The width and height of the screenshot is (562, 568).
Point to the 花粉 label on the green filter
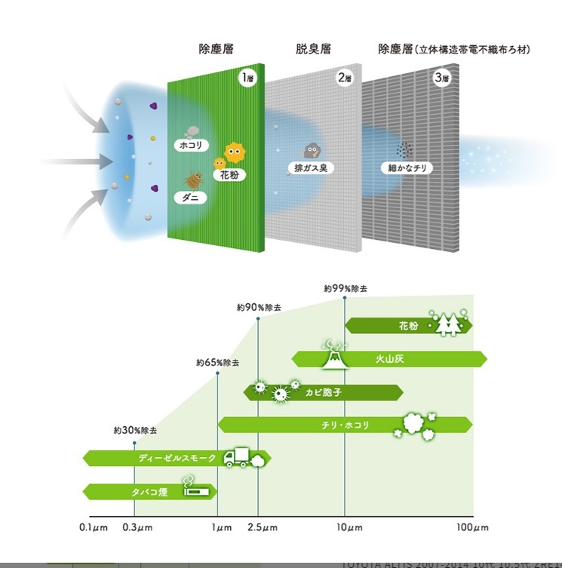(x=229, y=175)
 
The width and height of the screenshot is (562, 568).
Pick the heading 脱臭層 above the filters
(x=312, y=50)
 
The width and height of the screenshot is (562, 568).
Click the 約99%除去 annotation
(x=345, y=288)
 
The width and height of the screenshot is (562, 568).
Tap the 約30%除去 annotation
(x=135, y=430)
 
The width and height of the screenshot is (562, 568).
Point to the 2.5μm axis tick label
(x=259, y=527)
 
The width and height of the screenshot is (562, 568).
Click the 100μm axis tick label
(x=473, y=527)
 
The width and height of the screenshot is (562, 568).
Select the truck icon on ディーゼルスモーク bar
(x=237, y=457)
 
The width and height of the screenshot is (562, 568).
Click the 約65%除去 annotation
(x=217, y=363)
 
